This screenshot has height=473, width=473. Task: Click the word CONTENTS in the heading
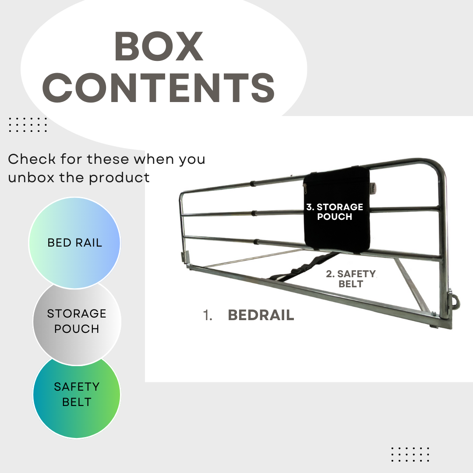coord(159,88)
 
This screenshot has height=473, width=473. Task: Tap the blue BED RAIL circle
coord(74,243)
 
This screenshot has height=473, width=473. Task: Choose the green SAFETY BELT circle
coord(77,394)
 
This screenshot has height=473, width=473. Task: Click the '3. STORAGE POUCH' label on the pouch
coord(335,212)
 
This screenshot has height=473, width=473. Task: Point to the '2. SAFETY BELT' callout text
coord(351,279)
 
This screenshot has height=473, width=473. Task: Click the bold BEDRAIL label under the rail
coord(261,315)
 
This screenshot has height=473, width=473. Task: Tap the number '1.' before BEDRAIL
coord(208,315)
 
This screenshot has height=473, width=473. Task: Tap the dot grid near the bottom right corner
coord(410,454)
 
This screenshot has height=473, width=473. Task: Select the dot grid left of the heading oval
coord(28,124)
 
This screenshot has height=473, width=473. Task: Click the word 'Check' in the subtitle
coord(32,159)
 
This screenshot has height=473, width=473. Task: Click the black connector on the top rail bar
coord(253,183)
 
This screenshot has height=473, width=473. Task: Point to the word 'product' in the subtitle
coord(119,178)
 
